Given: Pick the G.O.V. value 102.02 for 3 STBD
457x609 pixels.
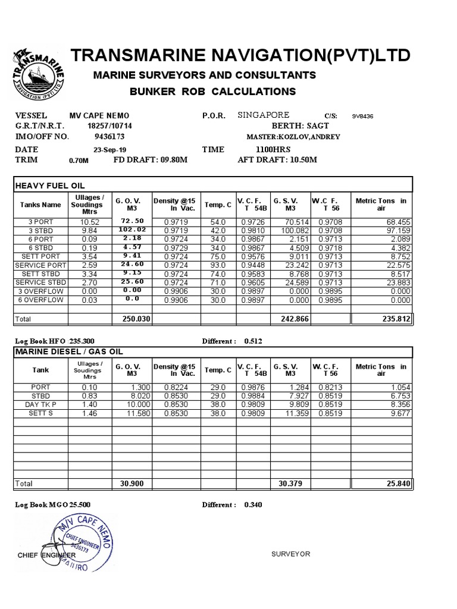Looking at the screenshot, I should [x=132, y=230].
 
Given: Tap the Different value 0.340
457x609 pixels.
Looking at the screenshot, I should [x=253, y=505].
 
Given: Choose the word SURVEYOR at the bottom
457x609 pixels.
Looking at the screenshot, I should [x=291, y=554].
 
